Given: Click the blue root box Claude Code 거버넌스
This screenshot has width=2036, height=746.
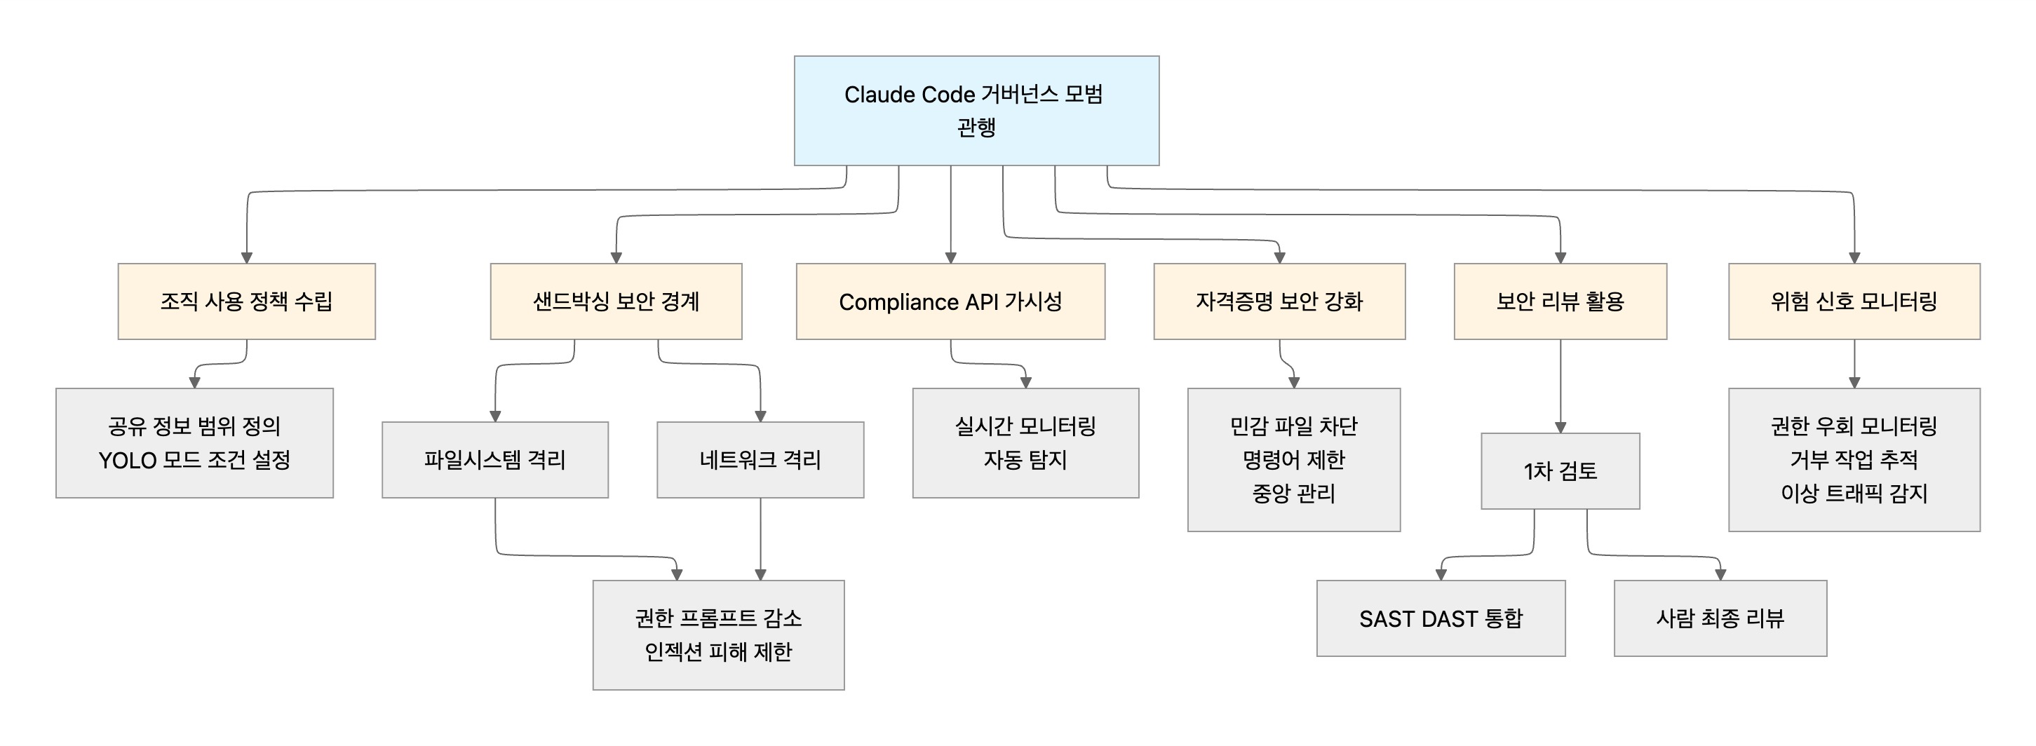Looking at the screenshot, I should click(976, 111).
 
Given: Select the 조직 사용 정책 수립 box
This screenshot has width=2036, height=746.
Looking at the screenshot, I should click(247, 301).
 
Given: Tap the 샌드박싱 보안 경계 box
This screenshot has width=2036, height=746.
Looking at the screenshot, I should click(616, 301).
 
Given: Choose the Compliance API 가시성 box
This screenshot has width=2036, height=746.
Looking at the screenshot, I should click(950, 301).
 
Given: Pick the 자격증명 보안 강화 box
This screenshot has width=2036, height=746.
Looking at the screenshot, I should click(1279, 301).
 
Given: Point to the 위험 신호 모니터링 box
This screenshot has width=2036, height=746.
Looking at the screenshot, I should click(1854, 301).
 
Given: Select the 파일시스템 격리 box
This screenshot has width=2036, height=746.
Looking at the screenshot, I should click(494, 460).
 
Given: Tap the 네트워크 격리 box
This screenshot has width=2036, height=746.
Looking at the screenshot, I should click(760, 460).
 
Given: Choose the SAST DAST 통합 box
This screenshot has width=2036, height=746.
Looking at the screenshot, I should click(1440, 618).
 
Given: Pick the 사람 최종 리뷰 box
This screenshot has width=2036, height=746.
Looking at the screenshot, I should click(1720, 618).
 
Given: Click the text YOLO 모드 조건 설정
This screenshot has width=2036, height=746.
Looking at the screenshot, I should click(194, 460).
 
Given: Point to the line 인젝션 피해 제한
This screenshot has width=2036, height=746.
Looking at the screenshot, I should click(717, 652).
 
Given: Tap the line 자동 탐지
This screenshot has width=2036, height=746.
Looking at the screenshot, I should click(1025, 460).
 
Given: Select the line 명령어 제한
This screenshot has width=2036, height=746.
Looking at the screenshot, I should click(1293, 460).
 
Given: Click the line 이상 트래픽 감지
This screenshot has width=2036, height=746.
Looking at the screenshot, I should click(1854, 494).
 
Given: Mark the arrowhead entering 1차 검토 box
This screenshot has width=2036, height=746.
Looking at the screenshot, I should click(1560, 428).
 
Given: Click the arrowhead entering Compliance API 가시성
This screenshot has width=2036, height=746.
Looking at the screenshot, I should click(951, 257).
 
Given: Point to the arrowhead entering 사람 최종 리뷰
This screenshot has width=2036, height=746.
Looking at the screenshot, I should click(1720, 574).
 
